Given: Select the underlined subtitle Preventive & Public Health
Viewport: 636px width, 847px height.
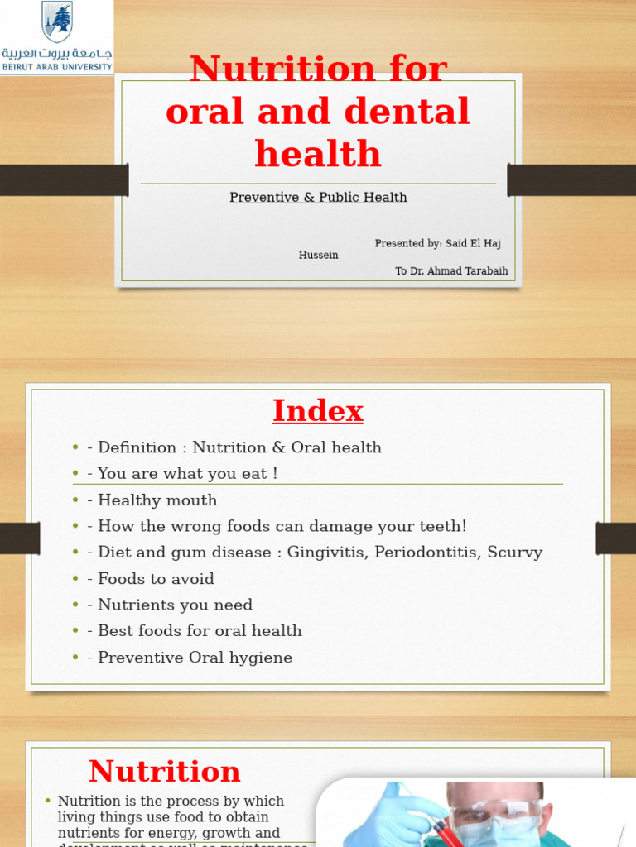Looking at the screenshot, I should tap(318, 198).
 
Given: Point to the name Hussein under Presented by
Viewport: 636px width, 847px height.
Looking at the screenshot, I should tap(318, 256).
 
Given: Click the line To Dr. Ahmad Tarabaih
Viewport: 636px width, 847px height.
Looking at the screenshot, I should tap(451, 271).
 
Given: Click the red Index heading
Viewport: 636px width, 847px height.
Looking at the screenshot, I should tap(318, 411).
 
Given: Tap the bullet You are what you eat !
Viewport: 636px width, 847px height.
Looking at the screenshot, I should tap(187, 474).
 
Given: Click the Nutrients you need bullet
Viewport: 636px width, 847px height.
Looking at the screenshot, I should tap(175, 605).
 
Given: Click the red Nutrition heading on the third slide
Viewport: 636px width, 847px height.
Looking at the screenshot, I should tap(165, 772).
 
